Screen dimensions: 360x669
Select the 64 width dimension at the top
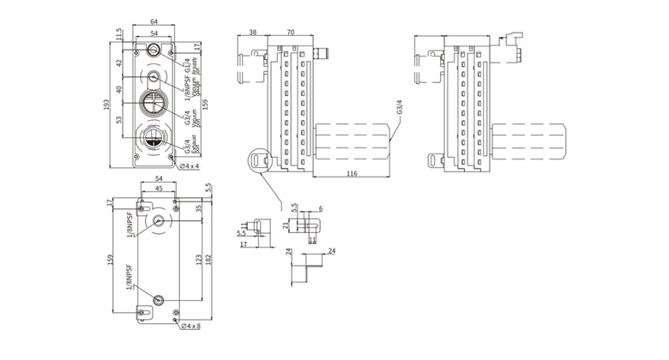[154, 21]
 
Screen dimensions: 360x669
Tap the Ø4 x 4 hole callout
[189, 165]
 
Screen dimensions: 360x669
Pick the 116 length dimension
[353, 173]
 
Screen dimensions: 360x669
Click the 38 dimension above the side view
[252, 33]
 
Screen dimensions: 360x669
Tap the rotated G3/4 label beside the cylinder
[399, 110]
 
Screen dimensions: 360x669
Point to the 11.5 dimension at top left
[119, 34]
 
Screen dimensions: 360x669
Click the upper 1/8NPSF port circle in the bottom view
[160, 221]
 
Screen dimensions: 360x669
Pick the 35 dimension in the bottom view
[200, 210]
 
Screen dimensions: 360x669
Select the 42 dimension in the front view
[121, 62]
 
